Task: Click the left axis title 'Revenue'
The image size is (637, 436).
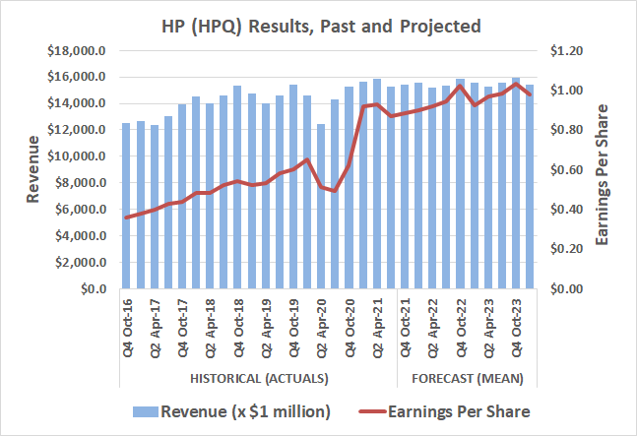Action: pos(32,169)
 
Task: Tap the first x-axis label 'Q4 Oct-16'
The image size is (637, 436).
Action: pos(126,329)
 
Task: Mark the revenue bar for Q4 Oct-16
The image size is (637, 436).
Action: pos(126,207)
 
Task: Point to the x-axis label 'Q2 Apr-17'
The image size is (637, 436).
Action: pos(154,329)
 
